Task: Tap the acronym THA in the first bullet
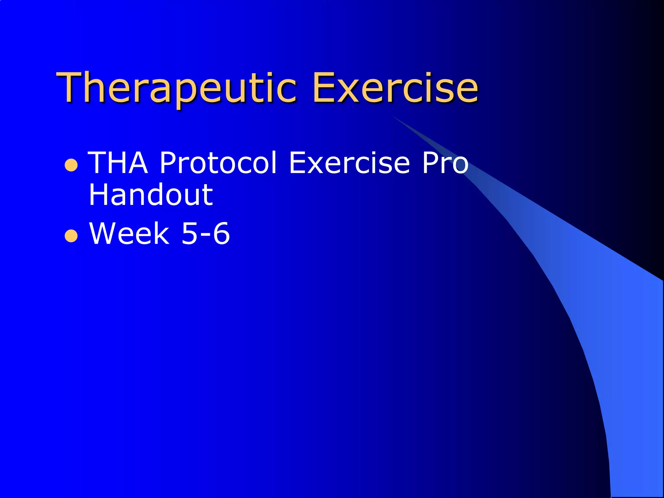point(118,163)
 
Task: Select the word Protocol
point(218,163)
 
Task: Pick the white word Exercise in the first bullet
point(349,163)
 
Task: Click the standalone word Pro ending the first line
point(445,163)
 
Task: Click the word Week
point(129,233)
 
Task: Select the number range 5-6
point(205,233)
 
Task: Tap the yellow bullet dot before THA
point(71,165)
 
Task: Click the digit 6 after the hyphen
point(221,233)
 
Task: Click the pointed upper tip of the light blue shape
point(394,117)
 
